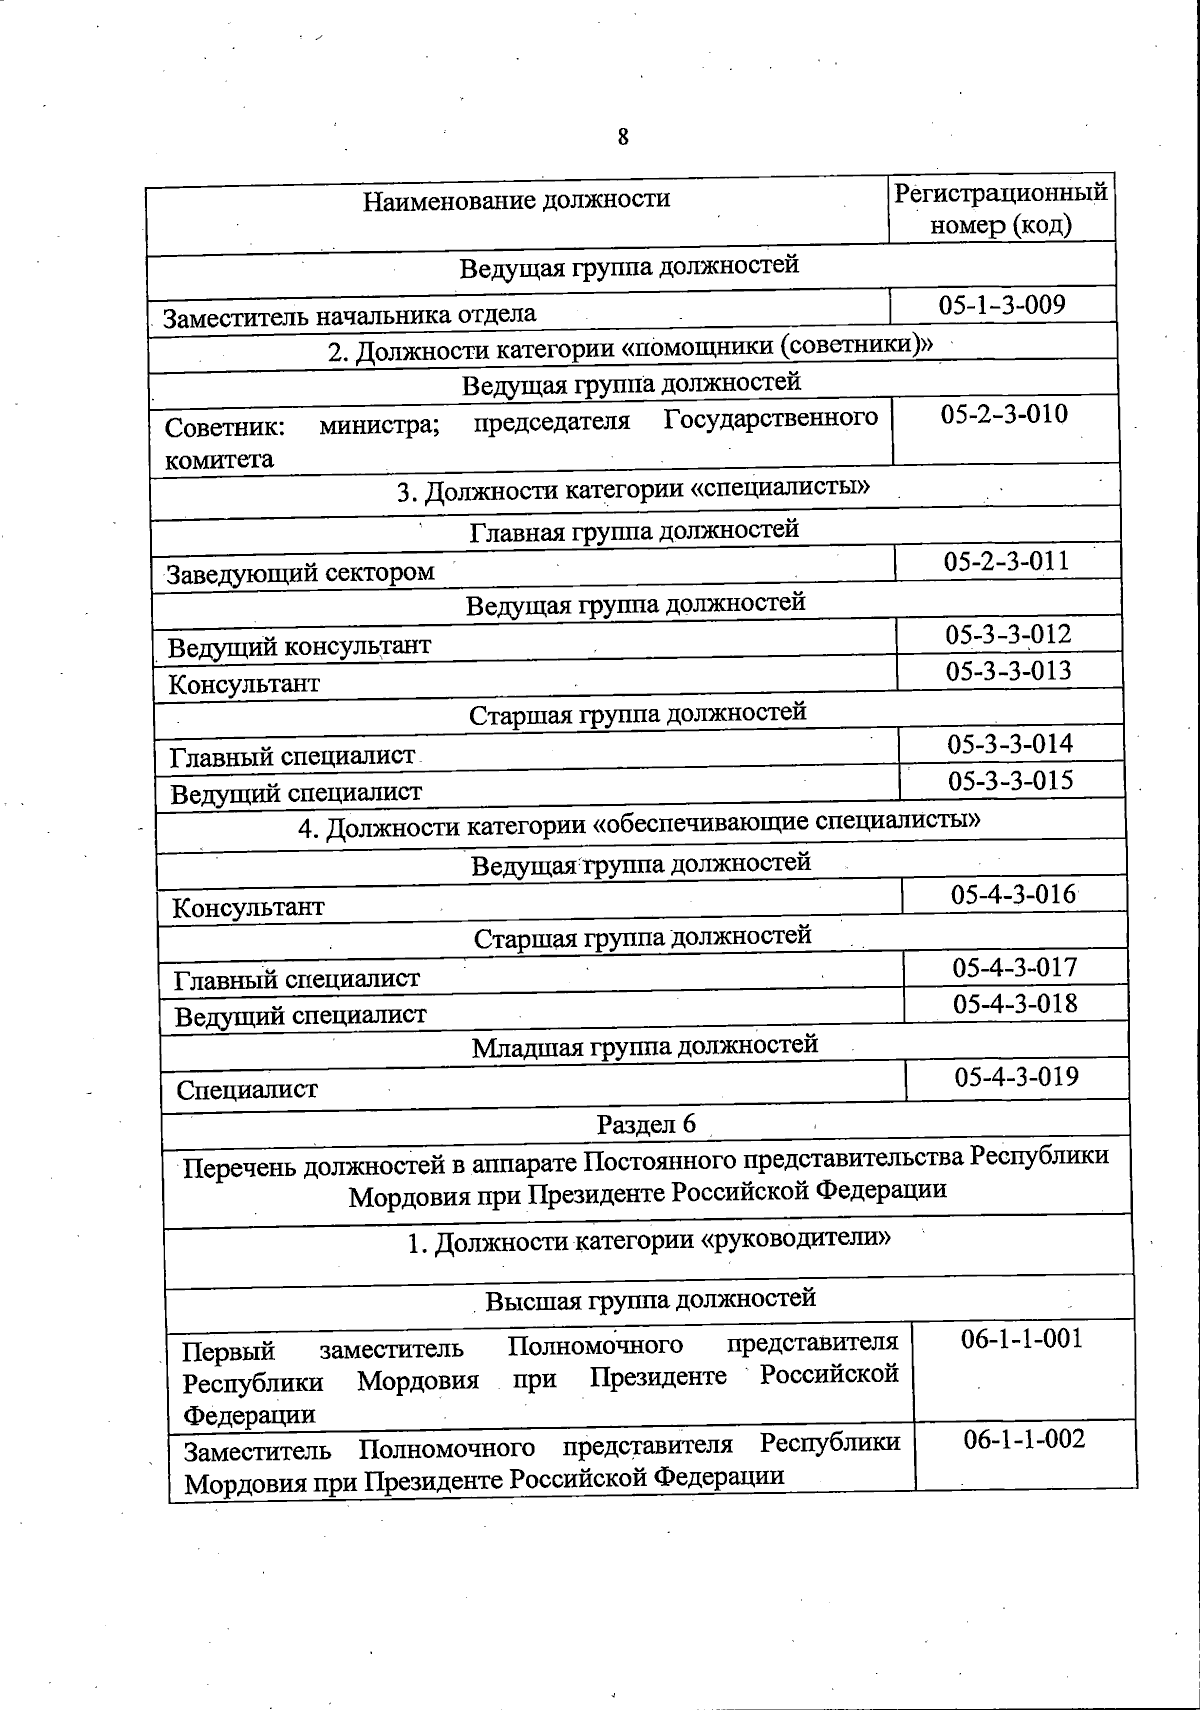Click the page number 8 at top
point(623,137)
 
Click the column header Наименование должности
point(516,200)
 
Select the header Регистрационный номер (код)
point(1001,208)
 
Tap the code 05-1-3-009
point(1002,305)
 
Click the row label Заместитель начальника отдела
point(350,316)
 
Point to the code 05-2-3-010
point(1004,414)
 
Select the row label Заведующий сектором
point(300,574)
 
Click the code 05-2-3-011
point(1006,561)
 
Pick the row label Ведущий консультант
point(299,647)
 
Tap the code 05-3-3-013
point(1009,671)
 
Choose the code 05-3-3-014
point(1010,744)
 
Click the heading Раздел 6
point(646,1124)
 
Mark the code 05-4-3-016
point(1013,894)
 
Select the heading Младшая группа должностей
point(645,1046)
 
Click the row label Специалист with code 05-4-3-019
point(247,1090)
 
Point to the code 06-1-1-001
point(1022,1339)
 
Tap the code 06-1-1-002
point(1024,1439)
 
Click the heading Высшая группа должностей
point(650,1300)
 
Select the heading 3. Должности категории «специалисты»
point(633,491)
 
